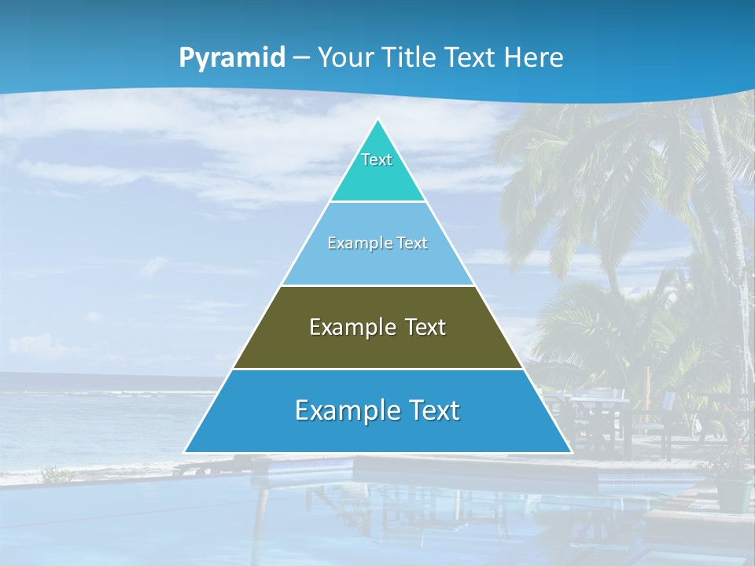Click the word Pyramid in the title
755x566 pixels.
[x=232, y=57]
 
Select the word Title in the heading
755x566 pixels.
[x=411, y=57]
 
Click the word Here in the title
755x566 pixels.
[x=534, y=57]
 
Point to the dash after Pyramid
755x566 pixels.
[x=301, y=58]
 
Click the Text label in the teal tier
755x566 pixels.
[x=377, y=160]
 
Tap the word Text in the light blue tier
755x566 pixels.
[x=413, y=243]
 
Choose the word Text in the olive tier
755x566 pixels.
[x=425, y=327]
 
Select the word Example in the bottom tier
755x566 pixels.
[x=346, y=410]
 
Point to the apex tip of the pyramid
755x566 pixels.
[x=377, y=119]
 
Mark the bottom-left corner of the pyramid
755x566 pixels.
[x=186, y=452]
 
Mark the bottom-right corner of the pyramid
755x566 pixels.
[x=570, y=452]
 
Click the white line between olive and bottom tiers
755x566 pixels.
[x=377, y=369]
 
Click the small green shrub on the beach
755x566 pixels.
[x=56, y=474]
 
